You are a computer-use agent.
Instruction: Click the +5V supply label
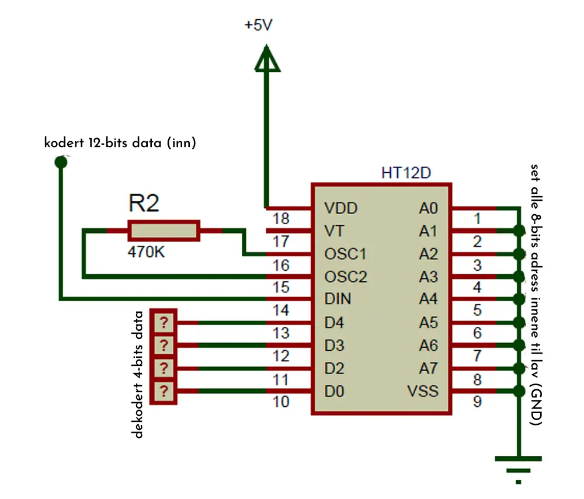(x=259, y=25)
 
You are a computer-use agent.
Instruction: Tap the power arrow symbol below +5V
(x=267, y=58)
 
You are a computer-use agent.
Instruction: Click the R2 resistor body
(x=164, y=231)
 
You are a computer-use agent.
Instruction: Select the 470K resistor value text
(x=146, y=252)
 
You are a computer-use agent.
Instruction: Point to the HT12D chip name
(x=406, y=173)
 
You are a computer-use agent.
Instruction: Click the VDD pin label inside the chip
(x=341, y=208)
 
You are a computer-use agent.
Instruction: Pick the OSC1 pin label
(x=345, y=254)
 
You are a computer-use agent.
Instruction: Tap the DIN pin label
(x=338, y=299)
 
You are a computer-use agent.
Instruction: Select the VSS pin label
(x=423, y=391)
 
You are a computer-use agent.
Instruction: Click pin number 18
(x=281, y=218)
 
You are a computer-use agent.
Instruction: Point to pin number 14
(x=281, y=310)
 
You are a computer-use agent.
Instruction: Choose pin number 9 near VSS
(x=477, y=402)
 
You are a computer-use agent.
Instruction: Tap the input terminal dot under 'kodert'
(x=61, y=162)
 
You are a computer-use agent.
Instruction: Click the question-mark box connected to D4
(x=164, y=322)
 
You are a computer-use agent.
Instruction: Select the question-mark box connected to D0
(x=164, y=391)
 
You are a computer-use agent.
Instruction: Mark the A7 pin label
(x=428, y=368)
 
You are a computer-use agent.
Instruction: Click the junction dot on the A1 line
(x=519, y=231)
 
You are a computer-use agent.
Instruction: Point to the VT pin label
(x=334, y=231)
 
